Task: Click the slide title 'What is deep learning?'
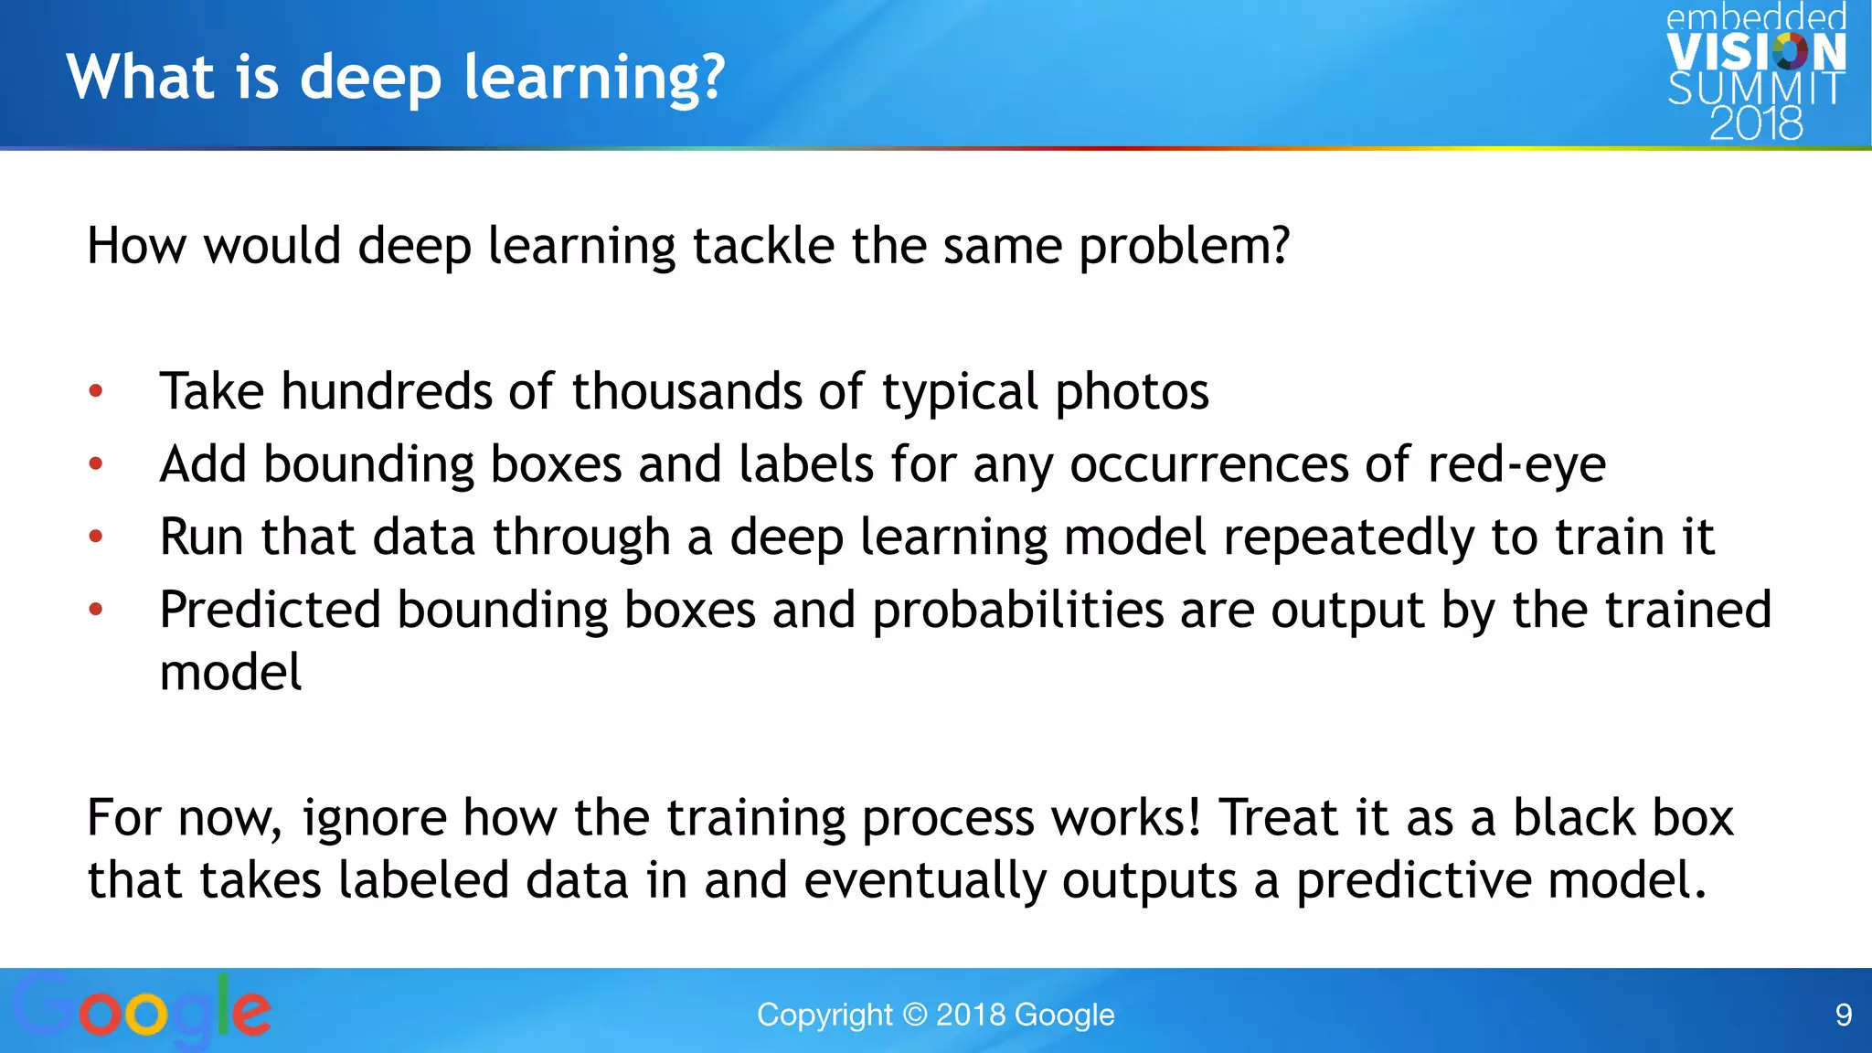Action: point(395,77)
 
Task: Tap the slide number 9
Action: point(1843,1015)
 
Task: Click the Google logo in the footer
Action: point(142,1010)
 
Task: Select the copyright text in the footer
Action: point(935,1015)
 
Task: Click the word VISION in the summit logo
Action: point(1755,52)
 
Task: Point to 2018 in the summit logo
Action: point(1755,123)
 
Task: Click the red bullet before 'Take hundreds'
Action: point(96,392)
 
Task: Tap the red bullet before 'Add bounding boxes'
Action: point(96,464)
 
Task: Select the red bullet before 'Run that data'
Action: point(96,537)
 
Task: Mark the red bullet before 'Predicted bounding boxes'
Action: point(96,610)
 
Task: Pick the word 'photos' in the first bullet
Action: point(1132,392)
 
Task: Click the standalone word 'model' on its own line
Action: point(230,674)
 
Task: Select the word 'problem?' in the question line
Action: point(1184,247)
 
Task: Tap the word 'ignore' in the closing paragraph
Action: point(374,817)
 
